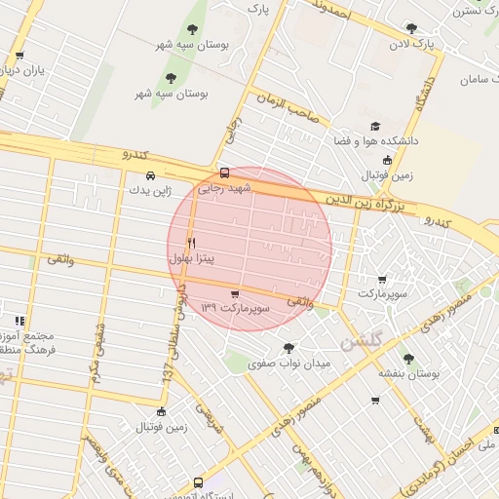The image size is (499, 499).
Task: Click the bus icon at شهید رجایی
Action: point(225,173)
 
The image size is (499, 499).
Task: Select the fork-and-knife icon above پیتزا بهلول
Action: point(191,244)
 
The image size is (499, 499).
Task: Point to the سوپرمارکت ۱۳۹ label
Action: point(234,308)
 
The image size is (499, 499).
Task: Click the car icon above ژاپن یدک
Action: point(149,176)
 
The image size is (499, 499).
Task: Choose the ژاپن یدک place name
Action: point(149,191)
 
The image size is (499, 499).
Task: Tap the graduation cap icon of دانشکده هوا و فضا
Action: point(375,127)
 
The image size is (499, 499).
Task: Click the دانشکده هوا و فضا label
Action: point(386,141)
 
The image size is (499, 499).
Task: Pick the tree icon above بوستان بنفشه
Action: point(408,359)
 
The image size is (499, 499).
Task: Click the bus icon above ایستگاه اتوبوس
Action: point(199,482)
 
